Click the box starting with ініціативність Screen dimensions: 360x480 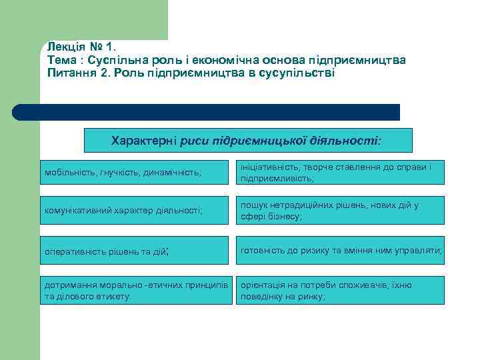click(341, 172)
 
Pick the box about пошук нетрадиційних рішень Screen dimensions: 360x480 click(341, 211)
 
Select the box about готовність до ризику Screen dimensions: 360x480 click(341, 251)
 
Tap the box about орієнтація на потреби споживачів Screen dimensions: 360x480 click(341, 290)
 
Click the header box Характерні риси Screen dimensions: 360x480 click(248, 141)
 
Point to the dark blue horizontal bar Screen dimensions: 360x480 click(207, 112)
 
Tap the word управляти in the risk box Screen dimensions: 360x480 click(418, 251)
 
